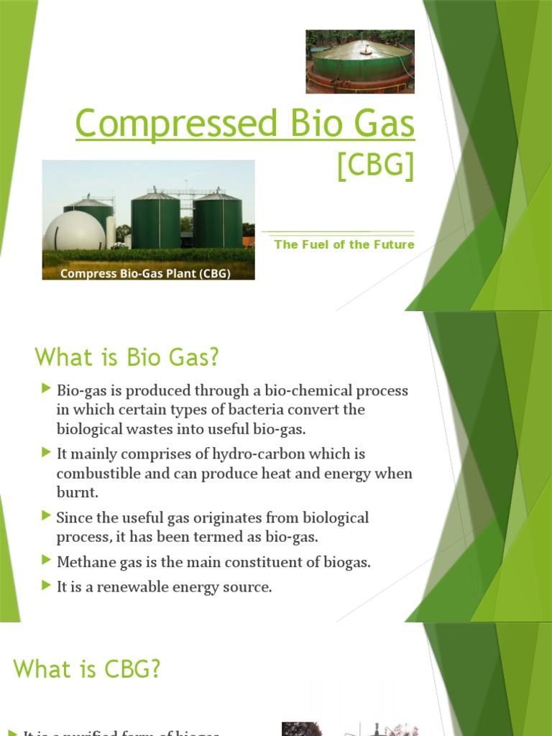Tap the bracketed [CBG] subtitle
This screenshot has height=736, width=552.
click(x=376, y=167)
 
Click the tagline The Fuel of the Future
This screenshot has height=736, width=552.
click(x=344, y=244)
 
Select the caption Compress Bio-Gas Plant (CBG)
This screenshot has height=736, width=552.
click(x=145, y=274)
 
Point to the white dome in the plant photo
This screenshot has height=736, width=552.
click(x=75, y=231)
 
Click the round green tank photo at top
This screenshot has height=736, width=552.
click(x=360, y=61)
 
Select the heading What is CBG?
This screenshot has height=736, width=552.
click(x=87, y=669)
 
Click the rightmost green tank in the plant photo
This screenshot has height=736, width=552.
click(x=218, y=221)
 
